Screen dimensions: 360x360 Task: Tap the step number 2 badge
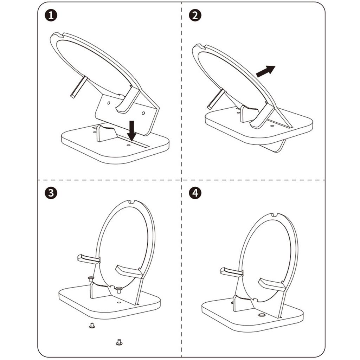pos(195,16)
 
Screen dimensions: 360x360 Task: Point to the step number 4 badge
pos(195,193)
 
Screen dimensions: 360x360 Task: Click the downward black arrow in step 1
pos(132,130)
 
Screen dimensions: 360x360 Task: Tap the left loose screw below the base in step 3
pos(92,326)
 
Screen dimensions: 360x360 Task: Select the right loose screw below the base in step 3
pos(119,341)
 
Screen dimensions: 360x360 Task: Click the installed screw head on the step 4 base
pos(262,315)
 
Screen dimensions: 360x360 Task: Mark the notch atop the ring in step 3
pos(132,202)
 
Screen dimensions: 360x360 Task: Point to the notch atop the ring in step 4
pos(275,215)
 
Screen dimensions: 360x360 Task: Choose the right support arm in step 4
pos(271,284)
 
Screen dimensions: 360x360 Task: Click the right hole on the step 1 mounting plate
pos(143,113)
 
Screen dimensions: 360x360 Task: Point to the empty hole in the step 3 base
pos(119,302)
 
